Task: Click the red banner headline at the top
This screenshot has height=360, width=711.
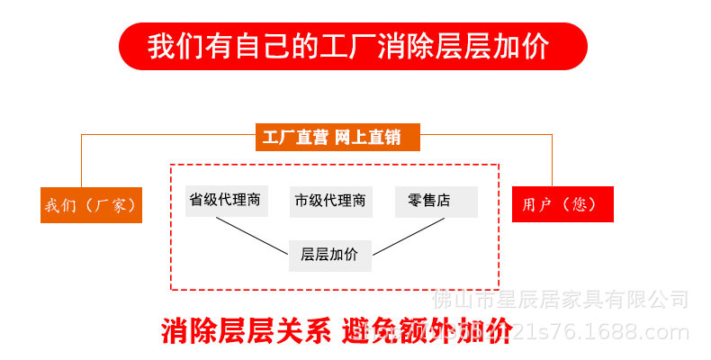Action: pyautogui.click(x=353, y=46)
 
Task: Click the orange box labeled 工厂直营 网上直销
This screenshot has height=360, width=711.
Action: pyautogui.click(x=337, y=138)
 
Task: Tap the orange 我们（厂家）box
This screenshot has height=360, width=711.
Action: pyautogui.click(x=91, y=205)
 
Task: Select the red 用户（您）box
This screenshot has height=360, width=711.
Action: pyautogui.click(x=562, y=204)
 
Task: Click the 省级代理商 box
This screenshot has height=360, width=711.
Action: pyautogui.click(x=225, y=200)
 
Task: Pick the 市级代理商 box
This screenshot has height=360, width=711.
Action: pyautogui.click(x=330, y=201)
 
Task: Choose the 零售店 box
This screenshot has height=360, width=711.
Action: pyautogui.click(x=436, y=200)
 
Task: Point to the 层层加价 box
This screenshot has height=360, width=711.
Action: pyautogui.click(x=329, y=255)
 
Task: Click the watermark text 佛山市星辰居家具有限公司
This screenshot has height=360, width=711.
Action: pyautogui.click(x=561, y=299)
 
